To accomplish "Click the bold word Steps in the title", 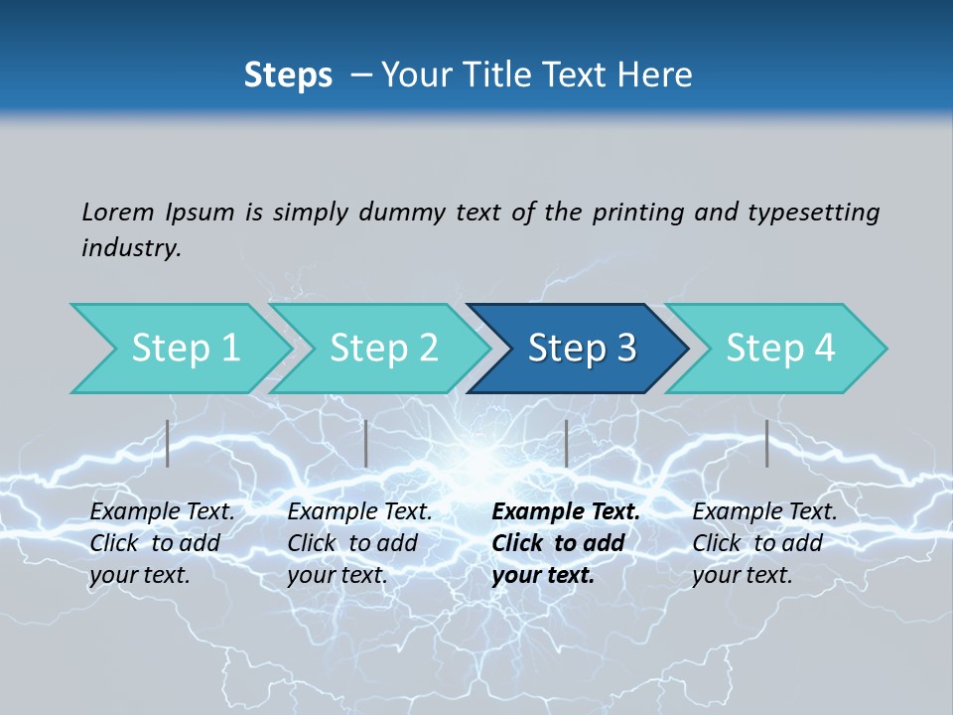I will (x=288, y=75).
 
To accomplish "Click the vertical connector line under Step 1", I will (x=168, y=443).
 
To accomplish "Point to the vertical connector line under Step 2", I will (x=366, y=443).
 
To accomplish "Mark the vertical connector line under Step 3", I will (x=566, y=443).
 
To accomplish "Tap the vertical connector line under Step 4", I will (x=766, y=443).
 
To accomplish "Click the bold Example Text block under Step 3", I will (x=566, y=543).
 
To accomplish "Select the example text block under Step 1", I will (x=162, y=543).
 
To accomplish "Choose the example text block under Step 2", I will (x=359, y=543).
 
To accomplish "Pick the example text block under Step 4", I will (x=764, y=543).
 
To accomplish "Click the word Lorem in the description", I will (x=118, y=212).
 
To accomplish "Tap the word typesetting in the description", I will (x=813, y=212).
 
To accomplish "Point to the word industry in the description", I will (x=131, y=248).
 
